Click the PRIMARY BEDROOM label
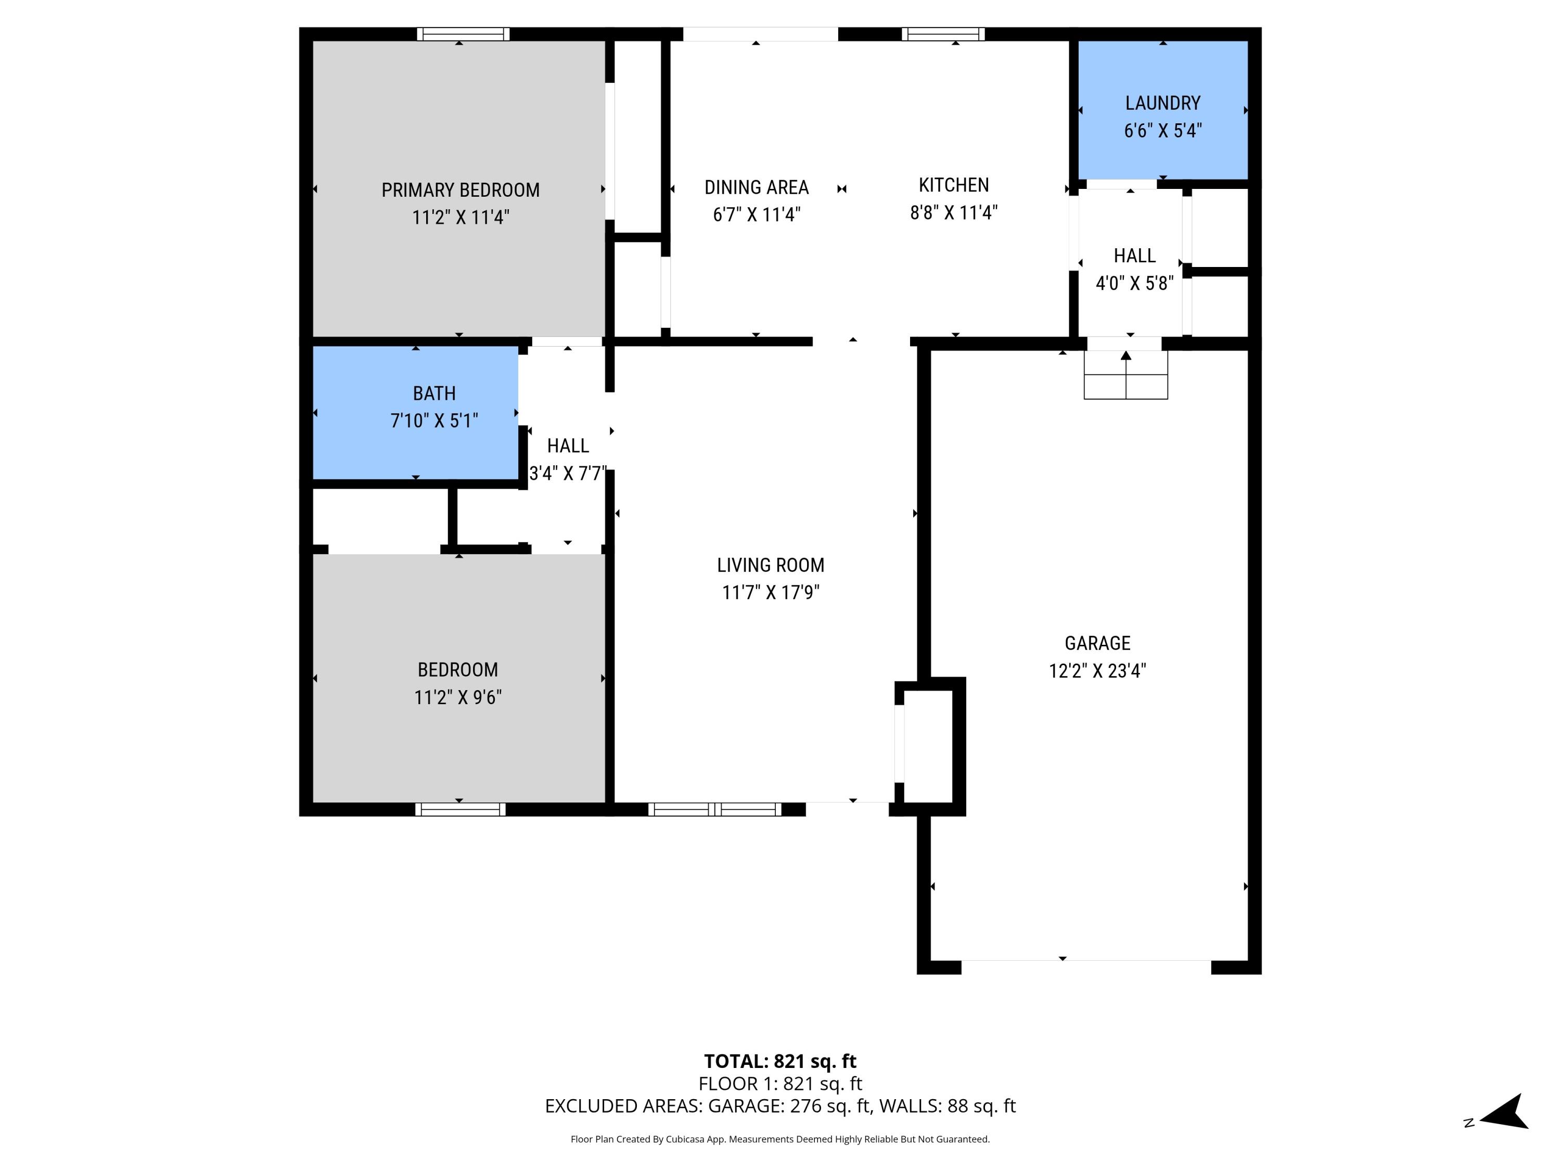(x=460, y=190)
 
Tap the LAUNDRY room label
(x=1162, y=103)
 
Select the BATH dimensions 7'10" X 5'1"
(x=434, y=421)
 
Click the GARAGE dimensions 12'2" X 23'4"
(x=1097, y=670)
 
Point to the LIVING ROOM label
(x=770, y=565)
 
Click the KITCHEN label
(x=953, y=185)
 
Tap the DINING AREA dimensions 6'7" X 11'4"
(x=757, y=214)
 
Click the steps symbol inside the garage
(x=1125, y=376)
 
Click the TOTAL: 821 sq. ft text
(x=780, y=1061)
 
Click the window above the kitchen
(x=943, y=34)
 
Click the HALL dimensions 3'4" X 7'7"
(x=567, y=473)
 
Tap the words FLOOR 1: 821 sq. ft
(x=780, y=1084)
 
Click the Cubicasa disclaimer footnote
(x=780, y=1139)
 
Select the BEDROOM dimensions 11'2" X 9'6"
(x=457, y=697)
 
